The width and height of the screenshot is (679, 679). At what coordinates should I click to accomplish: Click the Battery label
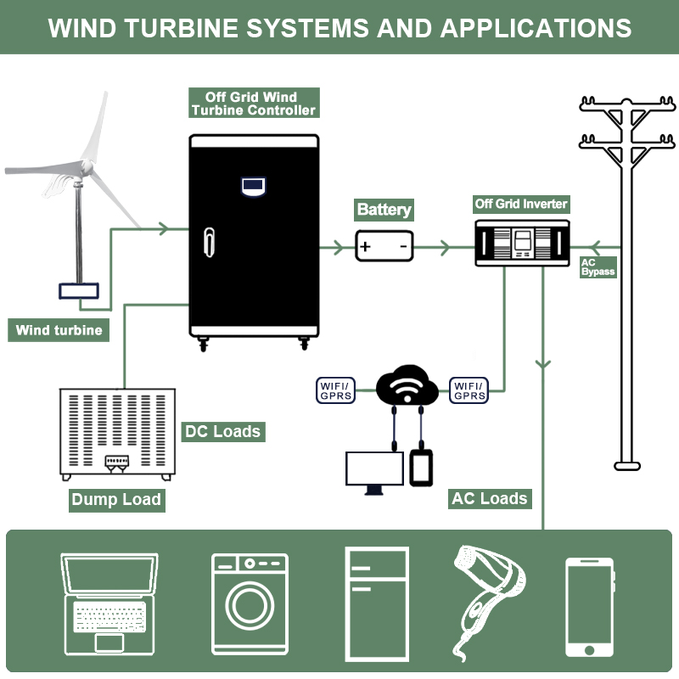(x=384, y=210)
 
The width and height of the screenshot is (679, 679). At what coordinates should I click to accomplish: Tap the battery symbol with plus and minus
(x=384, y=247)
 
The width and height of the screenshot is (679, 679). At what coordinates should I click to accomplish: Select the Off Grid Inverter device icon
(x=522, y=243)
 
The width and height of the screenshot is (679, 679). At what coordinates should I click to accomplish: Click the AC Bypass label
(x=598, y=267)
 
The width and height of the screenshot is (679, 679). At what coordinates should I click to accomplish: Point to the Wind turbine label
(x=59, y=330)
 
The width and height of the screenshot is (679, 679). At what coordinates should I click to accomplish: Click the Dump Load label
(x=116, y=499)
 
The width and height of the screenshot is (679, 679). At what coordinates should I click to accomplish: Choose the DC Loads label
(x=222, y=431)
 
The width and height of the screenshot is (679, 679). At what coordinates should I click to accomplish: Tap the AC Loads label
(x=490, y=498)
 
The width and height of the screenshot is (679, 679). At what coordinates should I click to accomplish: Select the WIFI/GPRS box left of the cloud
(x=335, y=390)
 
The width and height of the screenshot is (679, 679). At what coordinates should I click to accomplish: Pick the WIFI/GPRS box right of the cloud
(x=469, y=390)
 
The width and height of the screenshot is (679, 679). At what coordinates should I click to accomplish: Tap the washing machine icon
(x=250, y=603)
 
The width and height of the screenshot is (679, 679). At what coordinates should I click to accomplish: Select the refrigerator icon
(x=377, y=603)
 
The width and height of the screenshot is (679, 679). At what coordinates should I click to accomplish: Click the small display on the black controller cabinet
(x=253, y=184)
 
